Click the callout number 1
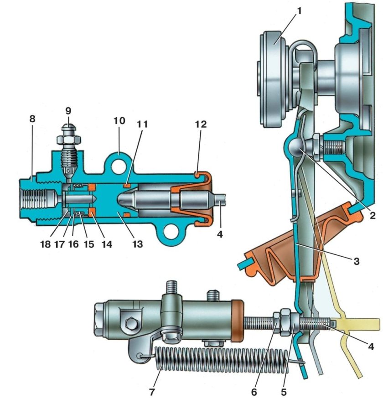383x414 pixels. [299, 11]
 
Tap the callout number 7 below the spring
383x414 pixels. [152, 392]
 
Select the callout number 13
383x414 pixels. [138, 244]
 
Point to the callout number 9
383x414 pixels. [68, 111]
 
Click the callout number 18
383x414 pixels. [46, 244]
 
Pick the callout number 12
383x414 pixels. [201, 124]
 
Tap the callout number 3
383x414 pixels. [357, 261]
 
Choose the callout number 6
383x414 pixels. [254, 392]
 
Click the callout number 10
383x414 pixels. [119, 121]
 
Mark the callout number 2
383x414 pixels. [373, 215]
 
